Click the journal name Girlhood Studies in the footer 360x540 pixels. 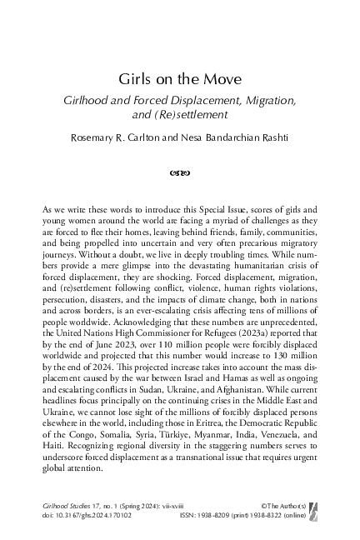pyautogui.click(x=68, y=505)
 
